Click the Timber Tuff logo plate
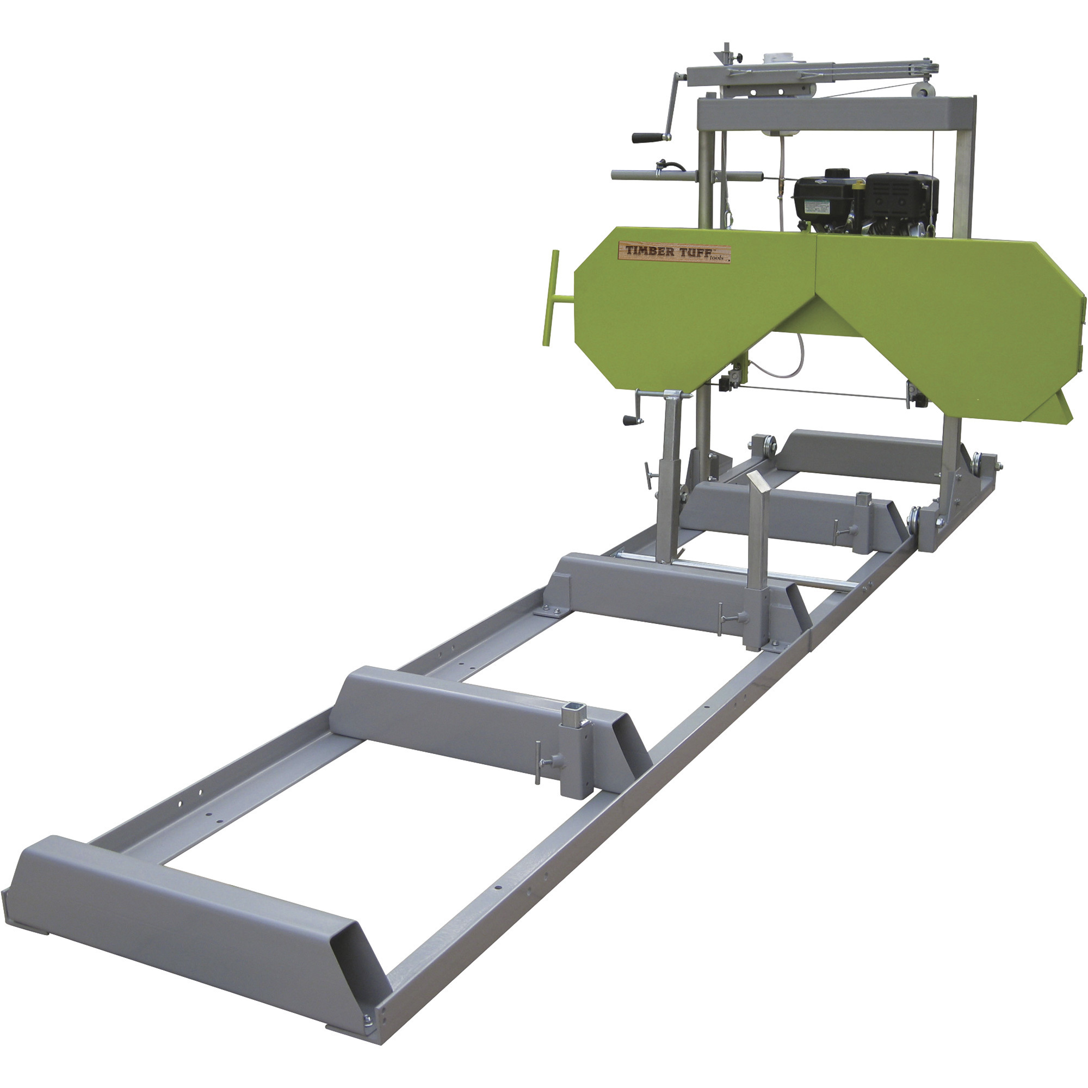675,252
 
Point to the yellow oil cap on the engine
858,183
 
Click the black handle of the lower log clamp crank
630,419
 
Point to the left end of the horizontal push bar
617,176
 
